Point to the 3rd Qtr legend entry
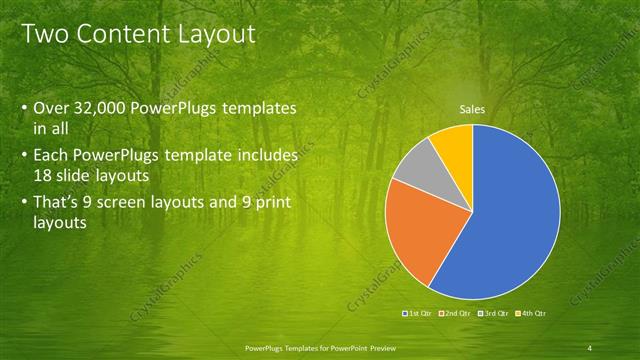point(492,313)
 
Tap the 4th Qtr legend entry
point(530,313)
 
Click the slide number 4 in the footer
point(589,347)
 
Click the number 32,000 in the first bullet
point(108,108)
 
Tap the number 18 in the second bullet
point(43,174)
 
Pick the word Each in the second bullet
point(51,156)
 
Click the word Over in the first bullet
point(53,108)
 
